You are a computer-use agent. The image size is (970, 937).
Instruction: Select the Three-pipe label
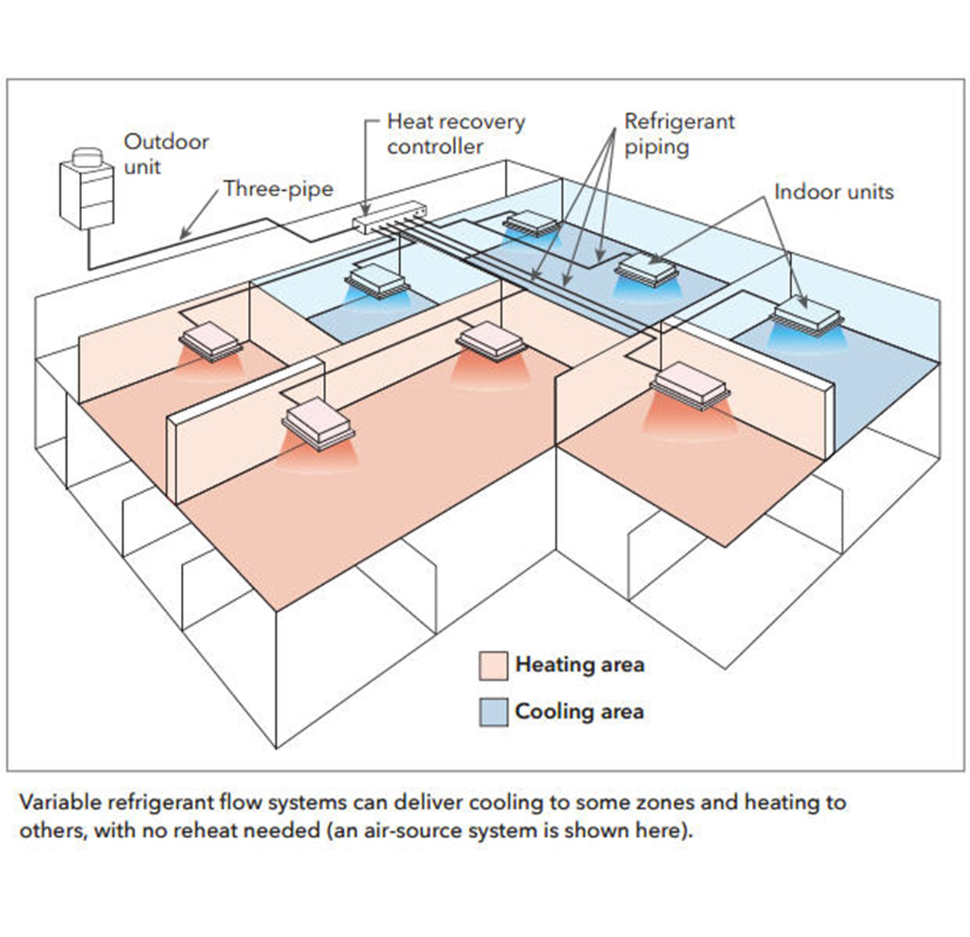278,189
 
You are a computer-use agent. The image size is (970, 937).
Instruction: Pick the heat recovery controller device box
387,215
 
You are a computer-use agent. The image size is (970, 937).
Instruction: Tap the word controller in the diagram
435,146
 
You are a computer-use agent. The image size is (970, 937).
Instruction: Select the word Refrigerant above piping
679,122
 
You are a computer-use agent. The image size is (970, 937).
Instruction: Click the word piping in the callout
656,146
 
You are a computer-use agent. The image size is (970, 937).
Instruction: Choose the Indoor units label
833,191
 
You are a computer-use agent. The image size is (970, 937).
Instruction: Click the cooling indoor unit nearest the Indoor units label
807,313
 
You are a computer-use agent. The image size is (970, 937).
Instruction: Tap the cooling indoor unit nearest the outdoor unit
377,280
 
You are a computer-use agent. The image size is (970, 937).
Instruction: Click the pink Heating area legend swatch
493,665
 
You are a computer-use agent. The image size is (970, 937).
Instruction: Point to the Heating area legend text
579,665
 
